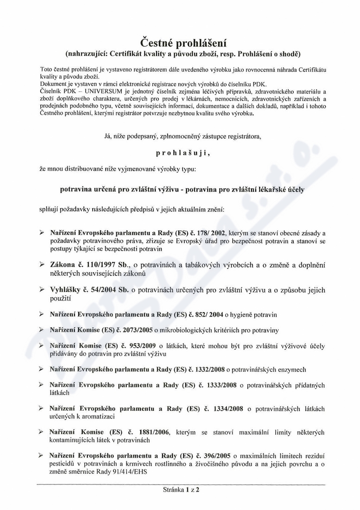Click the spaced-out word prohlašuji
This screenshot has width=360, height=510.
tap(180, 152)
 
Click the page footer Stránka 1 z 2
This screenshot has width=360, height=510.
tap(180, 489)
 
